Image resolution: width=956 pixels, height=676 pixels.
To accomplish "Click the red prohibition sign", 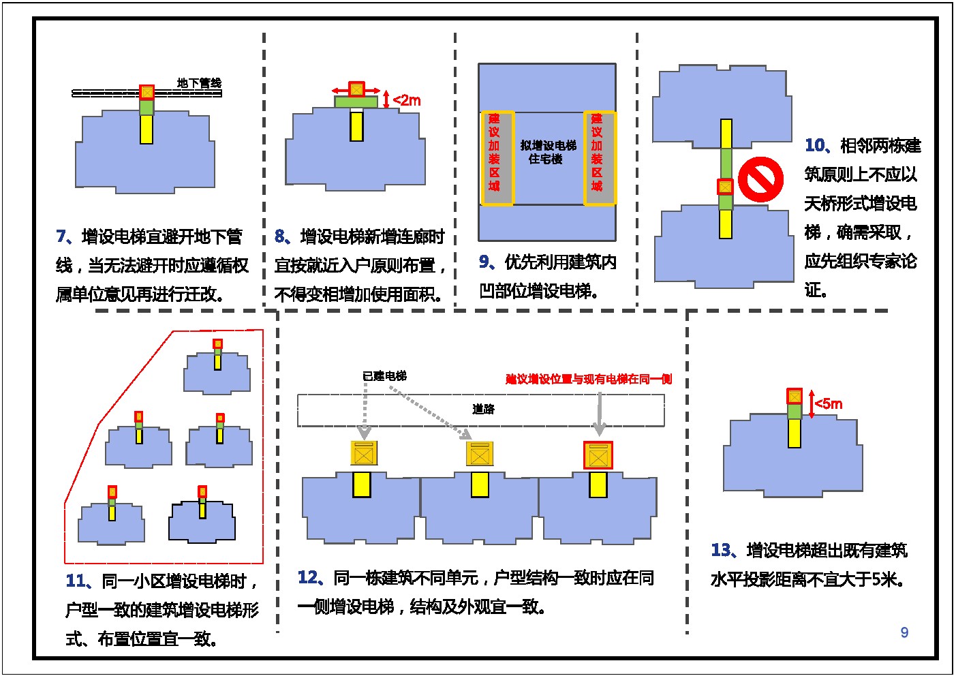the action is point(760,179).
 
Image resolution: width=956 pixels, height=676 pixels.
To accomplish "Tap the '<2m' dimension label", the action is point(407,100).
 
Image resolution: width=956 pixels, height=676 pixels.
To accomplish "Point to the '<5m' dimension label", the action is point(829,403).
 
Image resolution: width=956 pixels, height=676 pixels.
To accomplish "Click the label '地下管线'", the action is point(200,82).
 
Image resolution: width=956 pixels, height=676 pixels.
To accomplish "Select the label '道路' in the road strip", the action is point(484,410).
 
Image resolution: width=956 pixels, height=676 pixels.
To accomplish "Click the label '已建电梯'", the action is point(384,376).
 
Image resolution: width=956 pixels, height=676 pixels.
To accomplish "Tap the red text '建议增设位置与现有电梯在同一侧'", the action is point(589,379).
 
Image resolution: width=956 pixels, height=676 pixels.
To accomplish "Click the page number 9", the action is point(904,632).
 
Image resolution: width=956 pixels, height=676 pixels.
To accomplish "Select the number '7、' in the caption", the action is point(65,236).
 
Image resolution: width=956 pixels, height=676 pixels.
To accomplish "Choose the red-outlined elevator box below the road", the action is point(598,455).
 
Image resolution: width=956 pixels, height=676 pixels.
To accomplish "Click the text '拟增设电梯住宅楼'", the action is point(548,153).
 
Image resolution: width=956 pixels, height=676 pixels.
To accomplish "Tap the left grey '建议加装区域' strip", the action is point(497,158).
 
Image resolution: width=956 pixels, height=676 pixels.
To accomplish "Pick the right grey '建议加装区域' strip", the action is point(600,158).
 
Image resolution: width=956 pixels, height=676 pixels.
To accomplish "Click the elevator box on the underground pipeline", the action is point(147,92).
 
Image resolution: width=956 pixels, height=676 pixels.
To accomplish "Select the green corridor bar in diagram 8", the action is point(356,102).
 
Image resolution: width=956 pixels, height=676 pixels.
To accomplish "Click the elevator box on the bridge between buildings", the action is point(725,187).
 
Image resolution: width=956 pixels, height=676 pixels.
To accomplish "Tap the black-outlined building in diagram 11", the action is point(202,522).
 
